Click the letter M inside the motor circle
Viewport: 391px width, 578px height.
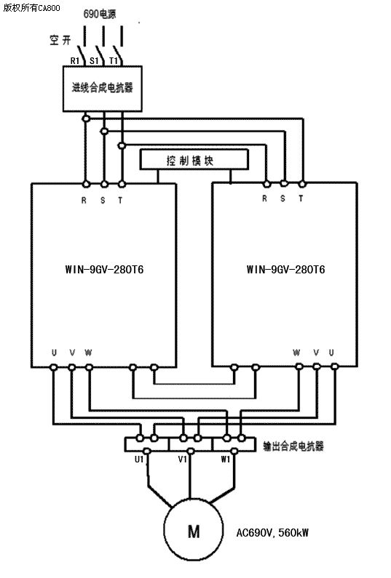coord(194,531)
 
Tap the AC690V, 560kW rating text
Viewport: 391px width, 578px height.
coord(272,533)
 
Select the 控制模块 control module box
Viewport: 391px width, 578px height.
coord(194,159)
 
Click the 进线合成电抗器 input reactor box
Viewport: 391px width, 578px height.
coord(102,89)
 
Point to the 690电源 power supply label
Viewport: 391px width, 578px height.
coord(100,14)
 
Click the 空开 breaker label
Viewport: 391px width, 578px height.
coord(60,40)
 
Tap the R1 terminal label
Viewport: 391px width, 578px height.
coord(75,61)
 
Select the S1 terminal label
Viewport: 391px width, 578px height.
coord(94,61)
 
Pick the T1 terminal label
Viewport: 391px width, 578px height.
coord(114,61)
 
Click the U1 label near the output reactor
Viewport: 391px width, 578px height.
coord(139,459)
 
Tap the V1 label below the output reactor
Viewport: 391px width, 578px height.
coord(182,459)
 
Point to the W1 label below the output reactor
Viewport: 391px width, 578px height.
coord(226,459)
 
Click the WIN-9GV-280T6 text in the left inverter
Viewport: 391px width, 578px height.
coord(104,270)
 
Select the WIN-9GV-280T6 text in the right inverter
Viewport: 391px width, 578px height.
coord(285,270)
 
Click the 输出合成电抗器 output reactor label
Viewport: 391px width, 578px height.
coord(293,446)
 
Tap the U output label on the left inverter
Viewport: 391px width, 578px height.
coord(55,353)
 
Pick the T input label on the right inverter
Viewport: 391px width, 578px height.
coord(301,198)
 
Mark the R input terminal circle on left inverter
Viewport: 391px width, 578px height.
coord(86,183)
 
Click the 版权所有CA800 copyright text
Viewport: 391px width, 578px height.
coord(31,8)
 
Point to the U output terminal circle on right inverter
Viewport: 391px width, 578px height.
coord(334,366)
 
